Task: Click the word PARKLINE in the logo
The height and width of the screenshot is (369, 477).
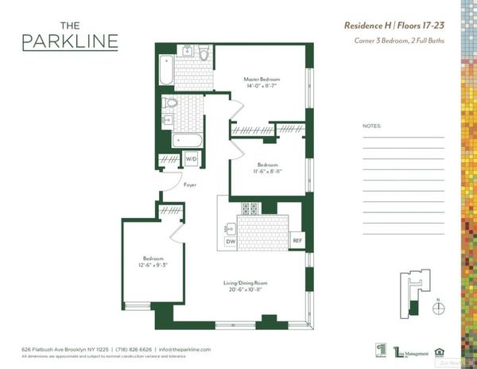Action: pyautogui.click(x=71, y=41)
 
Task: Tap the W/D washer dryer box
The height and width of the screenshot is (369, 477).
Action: pyautogui.click(x=191, y=159)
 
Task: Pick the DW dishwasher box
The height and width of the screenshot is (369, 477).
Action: pyautogui.click(x=231, y=241)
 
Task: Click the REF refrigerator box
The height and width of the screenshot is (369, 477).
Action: pyautogui.click(x=297, y=240)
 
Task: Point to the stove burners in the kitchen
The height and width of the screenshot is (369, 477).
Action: pyautogui.click(x=250, y=209)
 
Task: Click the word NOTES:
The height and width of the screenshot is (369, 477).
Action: pyautogui.click(x=371, y=126)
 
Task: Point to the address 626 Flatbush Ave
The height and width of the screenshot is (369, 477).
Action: pyautogui.click(x=49, y=349)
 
